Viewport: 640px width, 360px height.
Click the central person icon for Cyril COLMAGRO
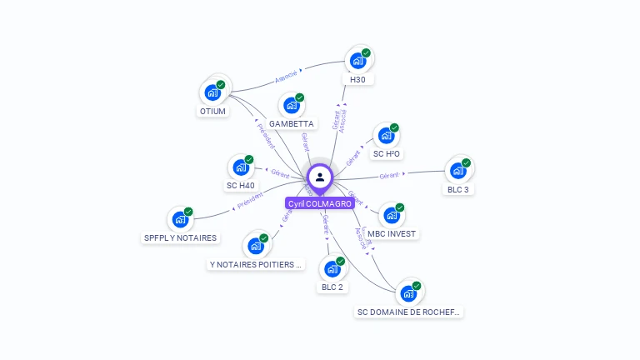pyautogui.click(x=320, y=177)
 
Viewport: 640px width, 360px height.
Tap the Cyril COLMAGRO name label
pyautogui.click(x=320, y=203)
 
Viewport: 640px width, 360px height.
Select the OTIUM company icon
pyautogui.click(x=212, y=92)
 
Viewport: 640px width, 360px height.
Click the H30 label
pyautogui.click(x=357, y=79)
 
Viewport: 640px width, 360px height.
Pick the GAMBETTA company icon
pyautogui.click(x=291, y=105)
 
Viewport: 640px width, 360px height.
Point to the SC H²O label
pyautogui.click(x=387, y=154)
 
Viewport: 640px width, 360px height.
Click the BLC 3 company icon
pyautogui.click(x=457, y=171)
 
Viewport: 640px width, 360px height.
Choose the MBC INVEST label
pyautogui.click(x=392, y=234)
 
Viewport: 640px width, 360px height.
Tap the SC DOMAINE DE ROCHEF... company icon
pyautogui.click(x=407, y=293)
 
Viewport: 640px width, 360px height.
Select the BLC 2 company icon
pyautogui.click(x=332, y=268)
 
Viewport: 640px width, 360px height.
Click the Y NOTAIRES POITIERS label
pyautogui.click(x=256, y=265)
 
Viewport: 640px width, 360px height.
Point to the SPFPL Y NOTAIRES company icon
pyautogui.click(x=180, y=220)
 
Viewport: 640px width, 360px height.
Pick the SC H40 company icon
pyautogui.click(x=240, y=167)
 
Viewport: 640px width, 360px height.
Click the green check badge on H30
pyautogui.click(x=366, y=53)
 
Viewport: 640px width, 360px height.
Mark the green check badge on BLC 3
pyautogui.click(x=466, y=162)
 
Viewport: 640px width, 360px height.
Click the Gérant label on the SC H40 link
pyautogui.click(x=279, y=173)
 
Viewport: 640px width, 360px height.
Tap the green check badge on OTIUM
pyautogui.click(x=221, y=84)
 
